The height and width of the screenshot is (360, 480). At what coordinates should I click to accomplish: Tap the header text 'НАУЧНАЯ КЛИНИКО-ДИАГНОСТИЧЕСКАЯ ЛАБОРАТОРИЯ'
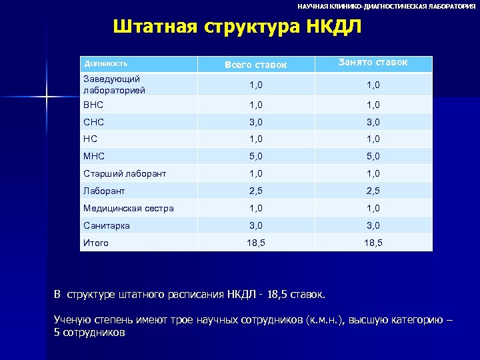(x=386, y=6)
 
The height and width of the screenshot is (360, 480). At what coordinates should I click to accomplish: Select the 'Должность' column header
(x=105, y=64)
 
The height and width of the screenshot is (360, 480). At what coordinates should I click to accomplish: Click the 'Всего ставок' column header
(x=256, y=65)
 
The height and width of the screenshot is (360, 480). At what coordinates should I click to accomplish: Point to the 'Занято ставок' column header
(x=373, y=63)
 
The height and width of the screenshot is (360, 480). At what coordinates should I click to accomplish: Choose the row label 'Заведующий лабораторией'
(x=111, y=84)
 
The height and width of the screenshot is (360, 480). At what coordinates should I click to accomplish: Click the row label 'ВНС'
(x=93, y=105)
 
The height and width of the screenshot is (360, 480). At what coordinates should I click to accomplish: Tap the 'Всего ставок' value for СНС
(x=256, y=122)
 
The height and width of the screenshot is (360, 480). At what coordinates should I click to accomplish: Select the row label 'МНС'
(x=93, y=157)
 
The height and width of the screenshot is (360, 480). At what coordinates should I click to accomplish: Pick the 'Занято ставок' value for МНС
(x=373, y=157)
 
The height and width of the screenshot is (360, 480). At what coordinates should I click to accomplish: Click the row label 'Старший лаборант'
(x=125, y=173)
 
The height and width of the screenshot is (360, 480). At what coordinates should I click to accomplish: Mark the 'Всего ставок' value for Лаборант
(x=256, y=191)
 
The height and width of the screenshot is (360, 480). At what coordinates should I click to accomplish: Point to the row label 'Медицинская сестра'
(x=128, y=208)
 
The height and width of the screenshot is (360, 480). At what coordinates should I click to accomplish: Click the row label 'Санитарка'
(x=107, y=225)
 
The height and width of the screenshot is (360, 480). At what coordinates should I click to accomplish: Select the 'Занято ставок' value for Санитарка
(x=373, y=225)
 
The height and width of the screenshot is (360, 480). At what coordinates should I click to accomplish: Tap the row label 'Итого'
(x=96, y=243)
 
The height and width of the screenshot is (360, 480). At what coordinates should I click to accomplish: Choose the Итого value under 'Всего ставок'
(x=256, y=243)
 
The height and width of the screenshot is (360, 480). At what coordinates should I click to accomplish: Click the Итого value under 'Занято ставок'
(x=373, y=243)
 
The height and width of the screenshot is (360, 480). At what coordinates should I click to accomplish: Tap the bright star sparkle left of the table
(x=47, y=98)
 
